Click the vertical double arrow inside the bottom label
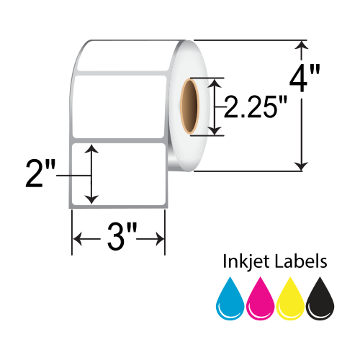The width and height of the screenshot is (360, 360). (91, 174)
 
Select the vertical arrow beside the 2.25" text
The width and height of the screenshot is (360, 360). (213, 107)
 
